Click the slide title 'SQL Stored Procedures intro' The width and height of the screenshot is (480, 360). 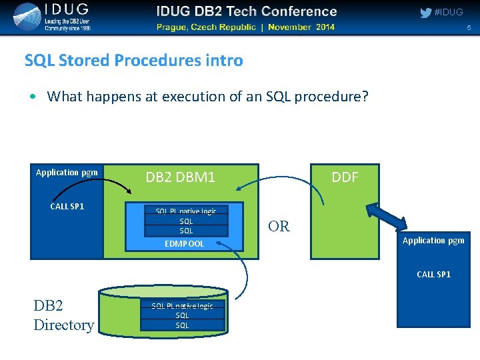(x=133, y=61)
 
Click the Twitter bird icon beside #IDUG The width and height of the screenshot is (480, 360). (x=425, y=13)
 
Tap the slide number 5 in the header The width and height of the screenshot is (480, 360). (x=469, y=28)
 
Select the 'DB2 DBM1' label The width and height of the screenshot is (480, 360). (x=180, y=177)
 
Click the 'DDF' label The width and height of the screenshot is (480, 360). (x=345, y=177)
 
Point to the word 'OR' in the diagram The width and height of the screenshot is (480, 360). (x=279, y=227)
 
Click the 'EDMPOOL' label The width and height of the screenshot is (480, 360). (x=185, y=244)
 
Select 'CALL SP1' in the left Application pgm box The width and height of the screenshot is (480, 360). (x=67, y=206)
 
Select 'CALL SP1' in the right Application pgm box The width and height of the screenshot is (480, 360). (x=433, y=274)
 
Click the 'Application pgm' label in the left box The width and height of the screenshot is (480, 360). (x=67, y=173)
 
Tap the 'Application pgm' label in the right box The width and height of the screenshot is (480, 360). (x=433, y=240)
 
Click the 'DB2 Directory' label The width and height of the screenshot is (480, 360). (x=63, y=315)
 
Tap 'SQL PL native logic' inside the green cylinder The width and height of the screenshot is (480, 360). (x=182, y=306)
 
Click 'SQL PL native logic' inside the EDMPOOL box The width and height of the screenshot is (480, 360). (x=186, y=211)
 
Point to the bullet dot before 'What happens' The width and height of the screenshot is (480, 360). (x=33, y=97)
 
